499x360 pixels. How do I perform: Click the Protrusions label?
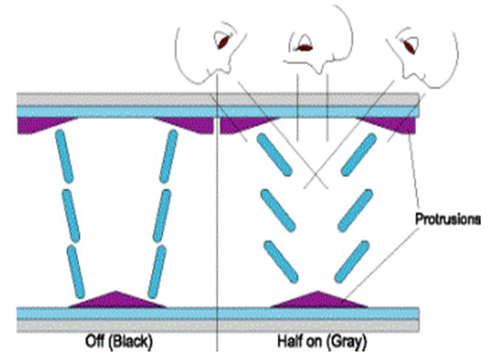click(x=447, y=219)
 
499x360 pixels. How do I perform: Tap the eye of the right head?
click(x=409, y=46)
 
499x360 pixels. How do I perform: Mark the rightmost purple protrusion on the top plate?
click(x=395, y=124)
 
